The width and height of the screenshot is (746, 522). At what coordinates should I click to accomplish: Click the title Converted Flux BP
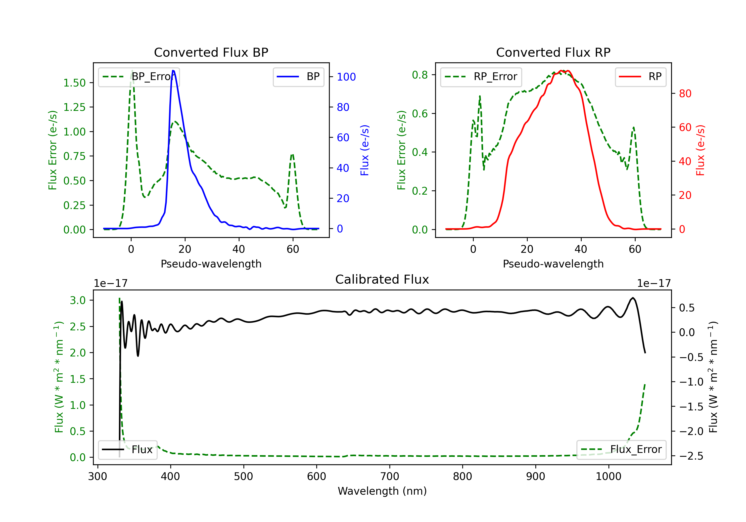tap(211, 52)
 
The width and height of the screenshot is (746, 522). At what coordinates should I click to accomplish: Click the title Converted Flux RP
tap(553, 52)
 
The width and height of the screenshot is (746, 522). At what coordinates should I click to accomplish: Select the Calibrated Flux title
tap(382, 279)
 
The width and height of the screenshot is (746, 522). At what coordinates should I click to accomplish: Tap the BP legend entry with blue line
tap(298, 77)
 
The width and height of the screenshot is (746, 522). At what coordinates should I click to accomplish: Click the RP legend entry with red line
tap(640, 77)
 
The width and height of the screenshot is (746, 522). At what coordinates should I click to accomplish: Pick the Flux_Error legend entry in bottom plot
tap(621, 450)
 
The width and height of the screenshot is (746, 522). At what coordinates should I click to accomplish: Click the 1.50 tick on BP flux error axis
tap(74, 83)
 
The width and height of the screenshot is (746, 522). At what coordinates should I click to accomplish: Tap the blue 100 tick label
tap(346, 77)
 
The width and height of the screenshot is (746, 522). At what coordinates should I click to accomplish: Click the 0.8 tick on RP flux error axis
tap(420, 75)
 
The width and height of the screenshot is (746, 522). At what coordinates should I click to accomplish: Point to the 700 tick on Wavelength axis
tap(390, 476)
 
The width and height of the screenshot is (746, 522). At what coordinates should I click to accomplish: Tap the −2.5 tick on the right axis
tap(691, 456)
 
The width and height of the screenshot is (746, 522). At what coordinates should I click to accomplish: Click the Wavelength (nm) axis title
tap(382, 491)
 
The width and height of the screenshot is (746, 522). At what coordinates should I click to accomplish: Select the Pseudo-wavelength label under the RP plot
tap(553, 264)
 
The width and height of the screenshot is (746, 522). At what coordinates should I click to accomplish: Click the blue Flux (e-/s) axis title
tap(365, 150)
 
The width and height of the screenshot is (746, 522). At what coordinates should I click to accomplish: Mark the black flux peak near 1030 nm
tap(633, 298)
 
